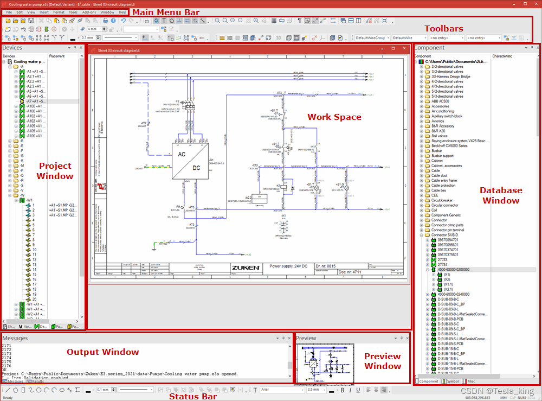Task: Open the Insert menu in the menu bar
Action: coord(44,12)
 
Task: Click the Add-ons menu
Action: coord(89,12)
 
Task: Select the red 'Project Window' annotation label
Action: coord(55,170)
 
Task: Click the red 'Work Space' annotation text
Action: coord(334,117)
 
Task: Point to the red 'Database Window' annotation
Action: coord(501,195)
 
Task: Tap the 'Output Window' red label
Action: coord(102,352)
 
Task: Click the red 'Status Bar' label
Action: coord(192,396)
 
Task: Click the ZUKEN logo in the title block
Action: coord(247,268)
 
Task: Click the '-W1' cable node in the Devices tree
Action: coord(29,200)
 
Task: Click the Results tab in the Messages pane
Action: coord(37,381)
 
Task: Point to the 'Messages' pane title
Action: coord(15,338)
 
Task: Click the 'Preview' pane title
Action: coord(306,338)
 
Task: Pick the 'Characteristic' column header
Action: coord(502,56)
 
